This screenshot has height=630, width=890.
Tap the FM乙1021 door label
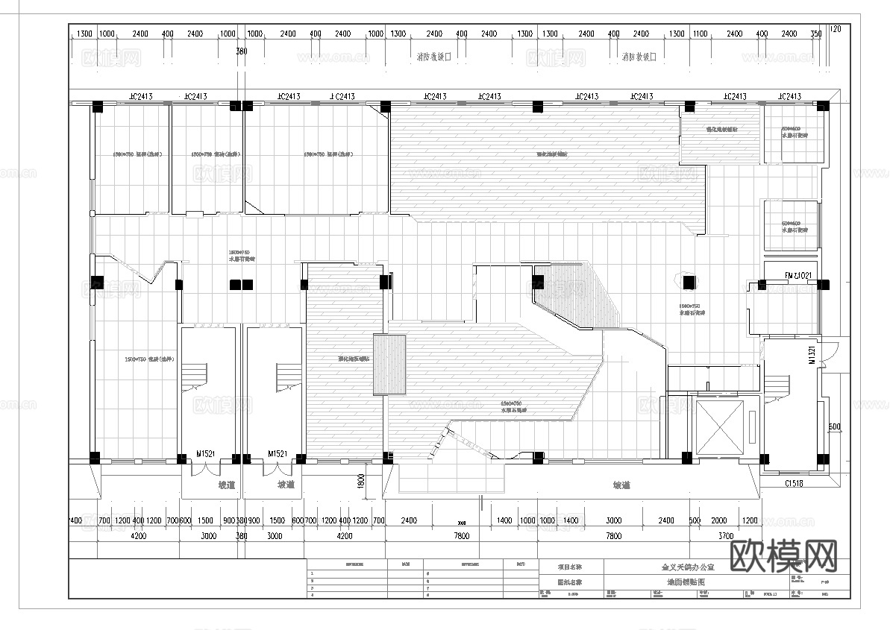point(798,276)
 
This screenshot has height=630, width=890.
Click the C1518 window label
point(794,484)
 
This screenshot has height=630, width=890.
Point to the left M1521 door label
point(206,453)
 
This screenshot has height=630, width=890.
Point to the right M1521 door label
point(278,453)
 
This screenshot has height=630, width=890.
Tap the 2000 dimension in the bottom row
point(719,520)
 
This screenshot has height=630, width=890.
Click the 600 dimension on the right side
point(834,427)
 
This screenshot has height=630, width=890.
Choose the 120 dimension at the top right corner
point(836,29)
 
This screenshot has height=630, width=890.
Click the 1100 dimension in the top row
point(700,34)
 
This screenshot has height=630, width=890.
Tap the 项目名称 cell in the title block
point(570,567)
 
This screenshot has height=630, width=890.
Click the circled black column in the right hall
point(689,283)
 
